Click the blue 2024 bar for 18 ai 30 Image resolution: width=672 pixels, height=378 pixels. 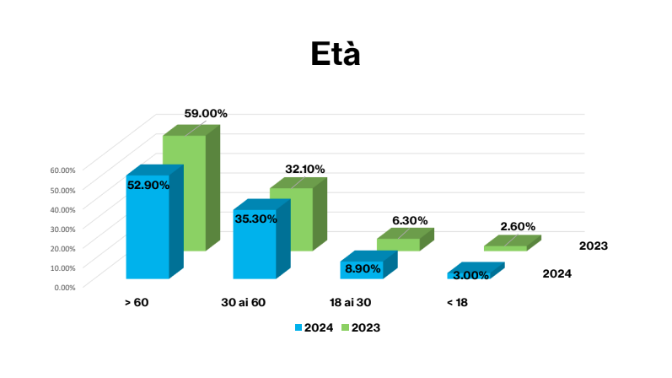pos(362,270)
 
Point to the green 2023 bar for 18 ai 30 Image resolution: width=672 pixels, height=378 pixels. pos(398,245)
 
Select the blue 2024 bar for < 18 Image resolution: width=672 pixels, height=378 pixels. pos(469,275)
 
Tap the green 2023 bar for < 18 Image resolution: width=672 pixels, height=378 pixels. pos(506,248)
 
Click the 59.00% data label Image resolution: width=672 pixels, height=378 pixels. pos(206,113)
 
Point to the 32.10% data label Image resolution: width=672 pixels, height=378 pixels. pos(304,170)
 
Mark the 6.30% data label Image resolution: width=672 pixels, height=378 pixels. pos(411,220)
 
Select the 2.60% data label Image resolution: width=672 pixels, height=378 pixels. pos(518,226)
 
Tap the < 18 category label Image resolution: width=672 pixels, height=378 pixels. pos(456,302)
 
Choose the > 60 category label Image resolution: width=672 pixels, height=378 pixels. pos(136,302)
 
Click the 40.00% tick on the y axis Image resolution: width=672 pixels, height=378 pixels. pos(63,208)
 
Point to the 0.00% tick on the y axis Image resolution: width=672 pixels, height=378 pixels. pos(65,287)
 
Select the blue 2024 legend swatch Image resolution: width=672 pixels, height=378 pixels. pos(298,327)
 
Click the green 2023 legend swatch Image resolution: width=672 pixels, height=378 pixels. pos(346,327)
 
